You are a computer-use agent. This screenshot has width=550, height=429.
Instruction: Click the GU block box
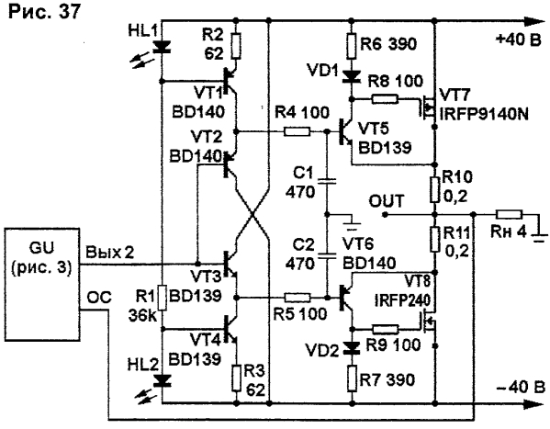click(42, 285)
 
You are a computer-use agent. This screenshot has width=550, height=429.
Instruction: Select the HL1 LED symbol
click(162, 47)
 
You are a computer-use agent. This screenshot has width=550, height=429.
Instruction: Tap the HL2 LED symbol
click(162, 380)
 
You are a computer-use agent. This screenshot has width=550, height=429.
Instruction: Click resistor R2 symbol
click(236, 46)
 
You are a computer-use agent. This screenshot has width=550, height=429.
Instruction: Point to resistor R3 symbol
click(236, 378)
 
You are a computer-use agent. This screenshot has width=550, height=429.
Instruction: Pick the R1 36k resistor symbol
click(162, 298)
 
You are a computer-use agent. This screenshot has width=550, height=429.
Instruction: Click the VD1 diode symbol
click(351, 76)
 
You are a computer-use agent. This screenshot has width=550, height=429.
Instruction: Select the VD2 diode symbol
click(352, 347)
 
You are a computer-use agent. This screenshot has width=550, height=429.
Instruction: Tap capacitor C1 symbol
click(327, 181)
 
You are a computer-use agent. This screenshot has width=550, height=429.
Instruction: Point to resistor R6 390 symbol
click(352, 46)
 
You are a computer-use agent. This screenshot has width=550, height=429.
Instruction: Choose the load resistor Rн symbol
click(510, 214)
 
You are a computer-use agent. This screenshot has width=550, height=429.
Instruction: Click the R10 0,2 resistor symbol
click(435, 190)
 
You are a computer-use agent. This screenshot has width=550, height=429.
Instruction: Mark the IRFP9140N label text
click(484, 115)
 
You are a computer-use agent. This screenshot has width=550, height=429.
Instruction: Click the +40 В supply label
click(518, 40)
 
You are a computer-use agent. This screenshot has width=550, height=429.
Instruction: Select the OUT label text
click(387, 201)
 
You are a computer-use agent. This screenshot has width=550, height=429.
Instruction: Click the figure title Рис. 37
click(45, 11)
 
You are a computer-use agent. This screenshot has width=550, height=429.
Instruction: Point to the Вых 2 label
click(110, 252)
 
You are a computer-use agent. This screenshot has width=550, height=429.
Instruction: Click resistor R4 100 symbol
click(297, 132)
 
